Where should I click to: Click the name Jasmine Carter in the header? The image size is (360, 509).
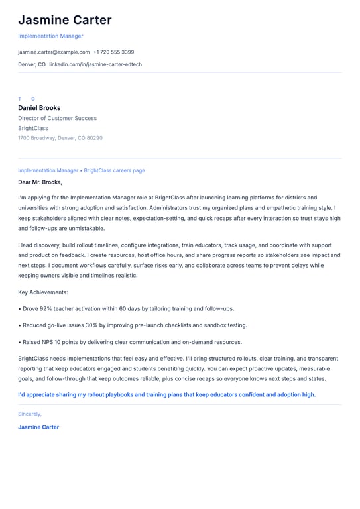[x=64, y=20]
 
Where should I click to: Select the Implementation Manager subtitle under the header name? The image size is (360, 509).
[x=50, y=36]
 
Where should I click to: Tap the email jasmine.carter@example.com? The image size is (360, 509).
[x=54, y=52]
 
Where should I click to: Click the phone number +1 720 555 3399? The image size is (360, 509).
[x=113, y=52]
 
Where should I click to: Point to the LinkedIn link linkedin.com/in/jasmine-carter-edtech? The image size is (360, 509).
[x=95, y=64]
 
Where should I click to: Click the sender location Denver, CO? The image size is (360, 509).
[x=32, y=64]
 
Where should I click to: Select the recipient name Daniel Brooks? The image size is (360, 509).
[x=39, y=108]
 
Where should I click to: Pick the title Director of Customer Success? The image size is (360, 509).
[x=57, y=118]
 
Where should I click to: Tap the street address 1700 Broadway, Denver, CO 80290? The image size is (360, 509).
[x=60, y=138]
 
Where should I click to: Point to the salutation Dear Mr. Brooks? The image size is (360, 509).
[x=40, y=182]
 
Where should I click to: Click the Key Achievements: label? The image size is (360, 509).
[x=43, y=292]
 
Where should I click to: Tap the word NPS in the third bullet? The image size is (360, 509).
[x=47, y=342]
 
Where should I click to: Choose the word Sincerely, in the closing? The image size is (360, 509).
[x=30, y=414]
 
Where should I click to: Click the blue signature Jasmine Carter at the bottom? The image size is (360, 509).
[x=38, y=427]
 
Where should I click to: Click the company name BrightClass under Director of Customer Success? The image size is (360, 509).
[x=33, y=128]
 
